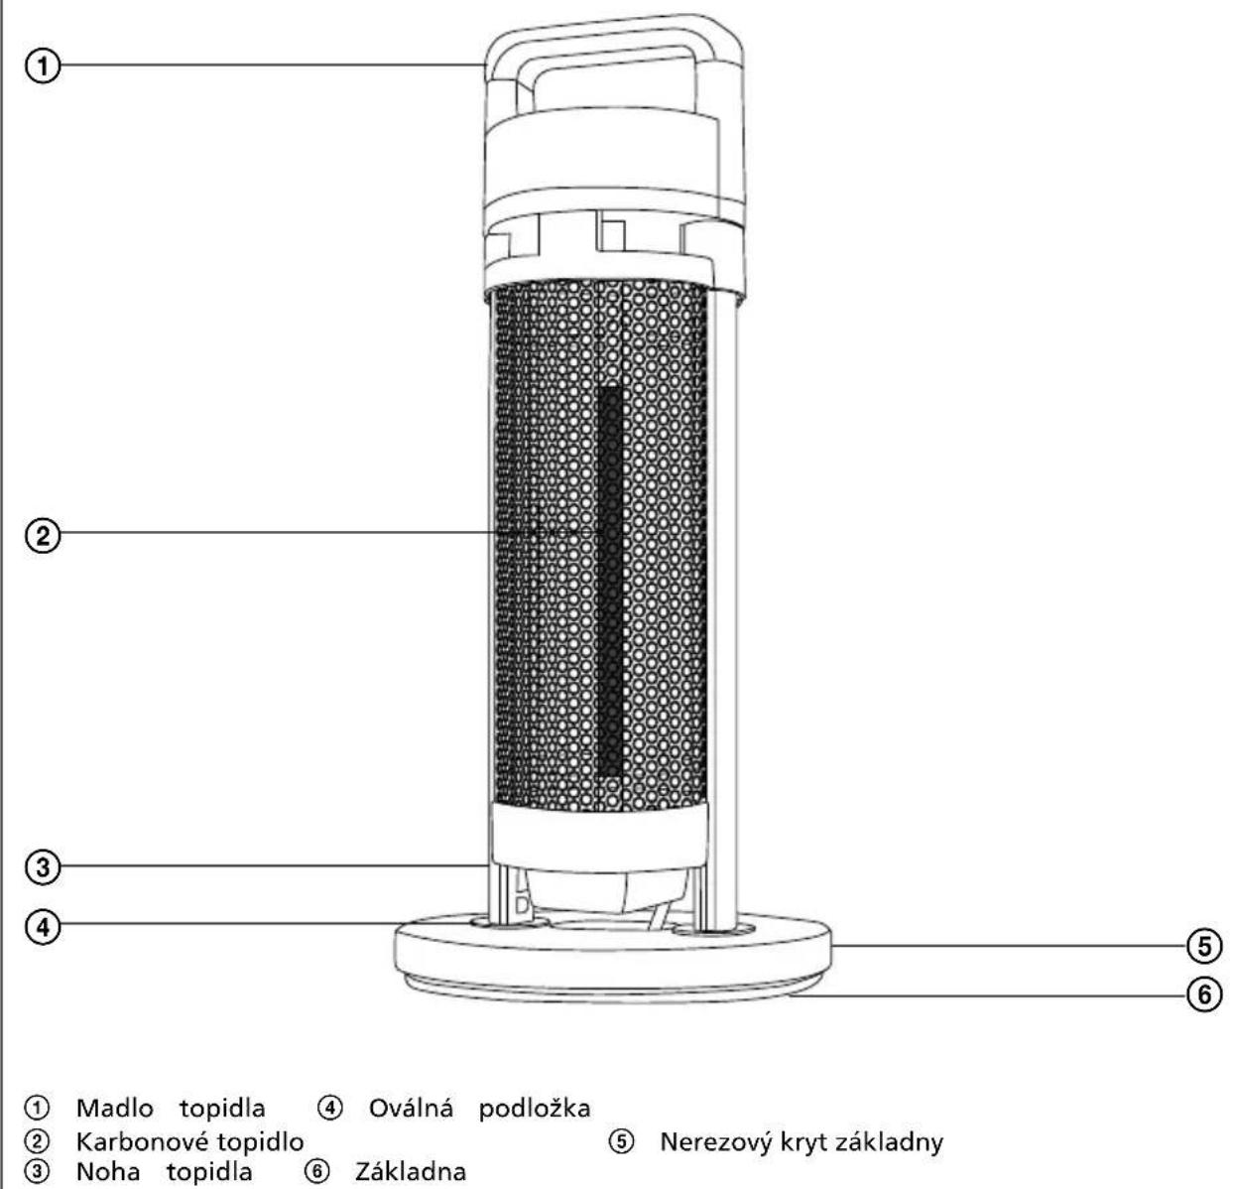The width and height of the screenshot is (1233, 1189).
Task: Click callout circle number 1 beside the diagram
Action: [x=43, y=66]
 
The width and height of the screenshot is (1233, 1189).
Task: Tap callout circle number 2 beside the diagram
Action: [x=43, y=536]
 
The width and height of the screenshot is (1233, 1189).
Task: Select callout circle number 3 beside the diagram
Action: [x=43, y=866]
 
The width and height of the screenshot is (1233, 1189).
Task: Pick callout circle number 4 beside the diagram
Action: [x=43, y=927]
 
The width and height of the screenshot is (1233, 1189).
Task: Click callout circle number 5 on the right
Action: [x=1204, y=946]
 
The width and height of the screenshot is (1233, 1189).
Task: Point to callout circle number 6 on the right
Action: [x=1204, y=994]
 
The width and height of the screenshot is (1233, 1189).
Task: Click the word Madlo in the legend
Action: [x=115, y=1108]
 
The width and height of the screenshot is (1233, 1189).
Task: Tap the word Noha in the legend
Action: [x=108, y=1172]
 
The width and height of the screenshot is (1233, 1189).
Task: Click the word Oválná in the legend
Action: [x=411, y=1108]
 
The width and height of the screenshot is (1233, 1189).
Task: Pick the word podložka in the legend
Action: [x=534, y=1109]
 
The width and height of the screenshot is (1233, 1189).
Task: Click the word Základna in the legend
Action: [x=410, y=1172]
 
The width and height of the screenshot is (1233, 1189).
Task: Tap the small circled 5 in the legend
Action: [x=621, y=1141]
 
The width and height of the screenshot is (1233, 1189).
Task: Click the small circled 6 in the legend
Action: [x=316, y=1171]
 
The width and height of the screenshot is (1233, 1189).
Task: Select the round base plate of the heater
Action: [x=613, y=957]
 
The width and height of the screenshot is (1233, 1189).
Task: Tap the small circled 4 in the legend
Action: [x=329, y=1108]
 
